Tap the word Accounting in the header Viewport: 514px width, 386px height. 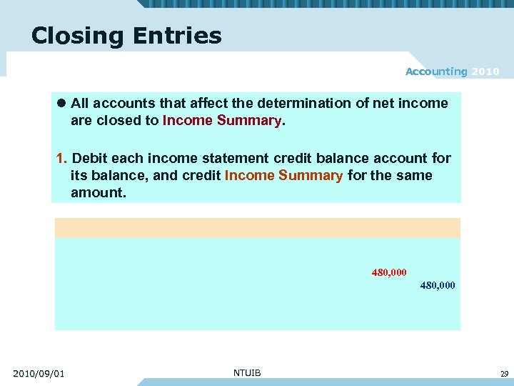[x=435, y=71]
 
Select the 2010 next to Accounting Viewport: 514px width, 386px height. [x=485, y=71]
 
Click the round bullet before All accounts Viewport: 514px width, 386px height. [x=62, y=104]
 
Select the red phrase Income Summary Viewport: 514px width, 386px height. [x=222, y=121]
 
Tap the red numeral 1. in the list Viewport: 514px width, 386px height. [x=62, y=158]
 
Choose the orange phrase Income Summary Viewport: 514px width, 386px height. [x=283, y=176]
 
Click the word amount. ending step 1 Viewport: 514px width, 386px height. [x=98, y=193]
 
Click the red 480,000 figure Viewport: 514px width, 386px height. [x=389, y=272]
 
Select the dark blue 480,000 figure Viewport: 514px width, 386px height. [x=437, y=286]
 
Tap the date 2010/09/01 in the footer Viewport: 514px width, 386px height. [x=39, y=373]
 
